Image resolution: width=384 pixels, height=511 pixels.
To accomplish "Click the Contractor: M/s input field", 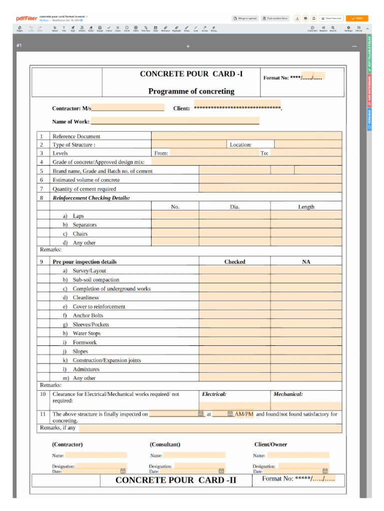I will (128, 108).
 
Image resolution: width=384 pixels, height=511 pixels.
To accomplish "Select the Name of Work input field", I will (175, 121).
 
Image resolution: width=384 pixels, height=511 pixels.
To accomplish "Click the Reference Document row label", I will (76, 136).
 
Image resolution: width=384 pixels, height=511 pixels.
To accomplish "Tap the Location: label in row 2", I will (240, 145).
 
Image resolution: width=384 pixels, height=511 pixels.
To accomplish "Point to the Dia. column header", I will (234, 207).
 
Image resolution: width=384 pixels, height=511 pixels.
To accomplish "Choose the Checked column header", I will (234, 261).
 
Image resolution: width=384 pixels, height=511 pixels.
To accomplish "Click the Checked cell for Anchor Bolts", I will (234, 315).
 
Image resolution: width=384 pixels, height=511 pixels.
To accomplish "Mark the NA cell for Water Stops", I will (306, 333).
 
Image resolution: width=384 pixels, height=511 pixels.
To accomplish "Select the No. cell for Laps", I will (175, 216).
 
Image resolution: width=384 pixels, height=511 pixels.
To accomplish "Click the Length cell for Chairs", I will (306, 234).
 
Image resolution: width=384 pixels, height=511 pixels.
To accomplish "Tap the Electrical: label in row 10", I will (214, 394).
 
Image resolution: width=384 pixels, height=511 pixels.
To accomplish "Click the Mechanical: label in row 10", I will (288, 394).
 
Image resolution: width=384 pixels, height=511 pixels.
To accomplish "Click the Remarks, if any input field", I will (210, 428).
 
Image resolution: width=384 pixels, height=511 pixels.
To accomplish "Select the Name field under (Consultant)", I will (194, 455).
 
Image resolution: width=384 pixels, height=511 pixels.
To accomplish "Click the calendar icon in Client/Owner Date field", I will (325, 471).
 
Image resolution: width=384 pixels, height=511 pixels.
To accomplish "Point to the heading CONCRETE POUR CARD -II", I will (176, 480).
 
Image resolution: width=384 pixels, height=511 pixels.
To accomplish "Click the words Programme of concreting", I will (191, 91).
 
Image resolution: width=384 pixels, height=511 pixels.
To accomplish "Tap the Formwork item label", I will (84, 342).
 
